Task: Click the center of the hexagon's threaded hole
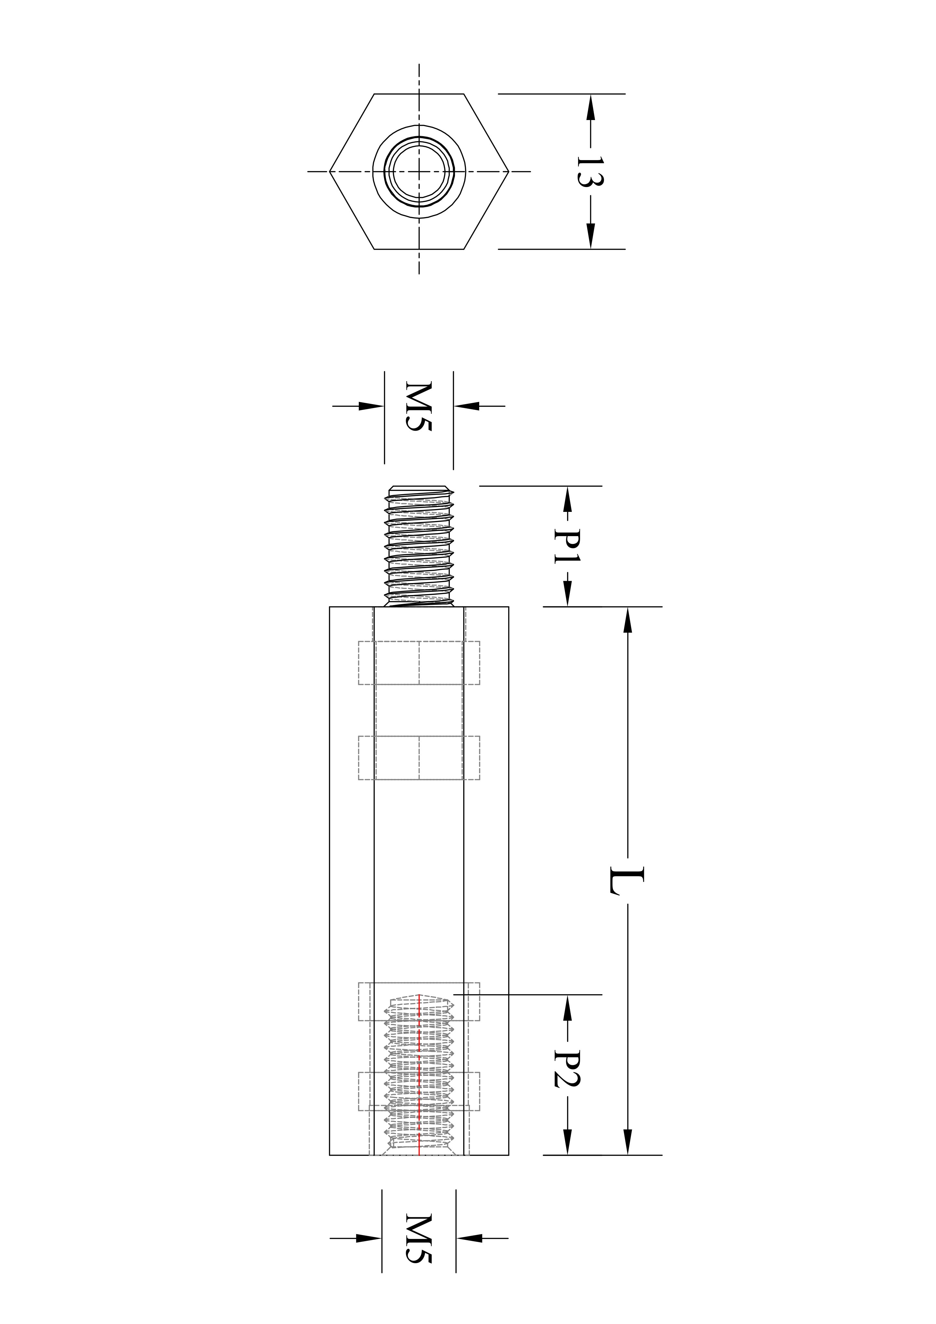click(419, 171)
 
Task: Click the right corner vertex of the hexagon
click(509, 171)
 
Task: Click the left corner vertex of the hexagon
click(329, 171)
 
